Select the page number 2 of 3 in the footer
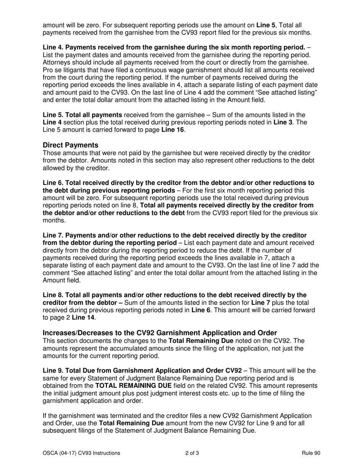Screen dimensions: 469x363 pos(192,453)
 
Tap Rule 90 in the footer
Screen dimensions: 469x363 pos(311,453)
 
